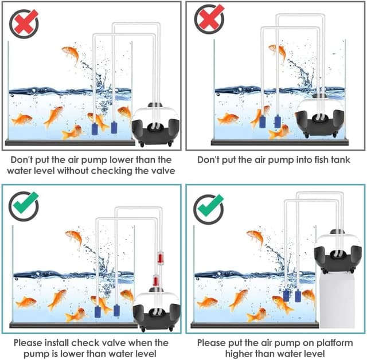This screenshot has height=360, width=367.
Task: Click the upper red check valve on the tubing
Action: point(161,257)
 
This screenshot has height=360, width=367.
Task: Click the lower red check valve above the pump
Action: point(155,280)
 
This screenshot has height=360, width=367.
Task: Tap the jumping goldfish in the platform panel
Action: point(256,238)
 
